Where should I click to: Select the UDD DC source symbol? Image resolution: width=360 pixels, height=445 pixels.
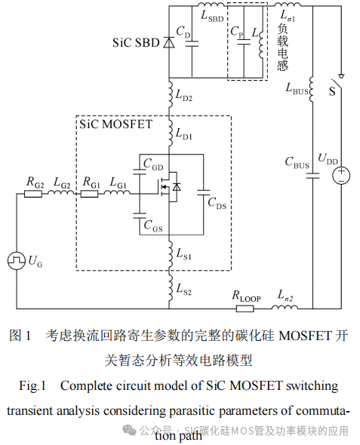(341, 176)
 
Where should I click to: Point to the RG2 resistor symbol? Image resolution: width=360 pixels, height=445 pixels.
(33, 193)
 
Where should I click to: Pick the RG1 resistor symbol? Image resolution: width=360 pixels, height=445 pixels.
(90, 193)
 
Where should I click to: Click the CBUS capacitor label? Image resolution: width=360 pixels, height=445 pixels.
(296, 162)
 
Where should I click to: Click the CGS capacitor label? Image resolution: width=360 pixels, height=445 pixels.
(152, 227)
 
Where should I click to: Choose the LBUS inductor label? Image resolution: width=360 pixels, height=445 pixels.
(297, 90)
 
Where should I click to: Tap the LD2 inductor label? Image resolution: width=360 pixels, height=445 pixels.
(183, 97)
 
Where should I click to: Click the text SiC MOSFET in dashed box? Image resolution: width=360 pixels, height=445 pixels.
(114, 124)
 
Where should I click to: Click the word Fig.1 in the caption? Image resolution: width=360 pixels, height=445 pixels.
(33, 385)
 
